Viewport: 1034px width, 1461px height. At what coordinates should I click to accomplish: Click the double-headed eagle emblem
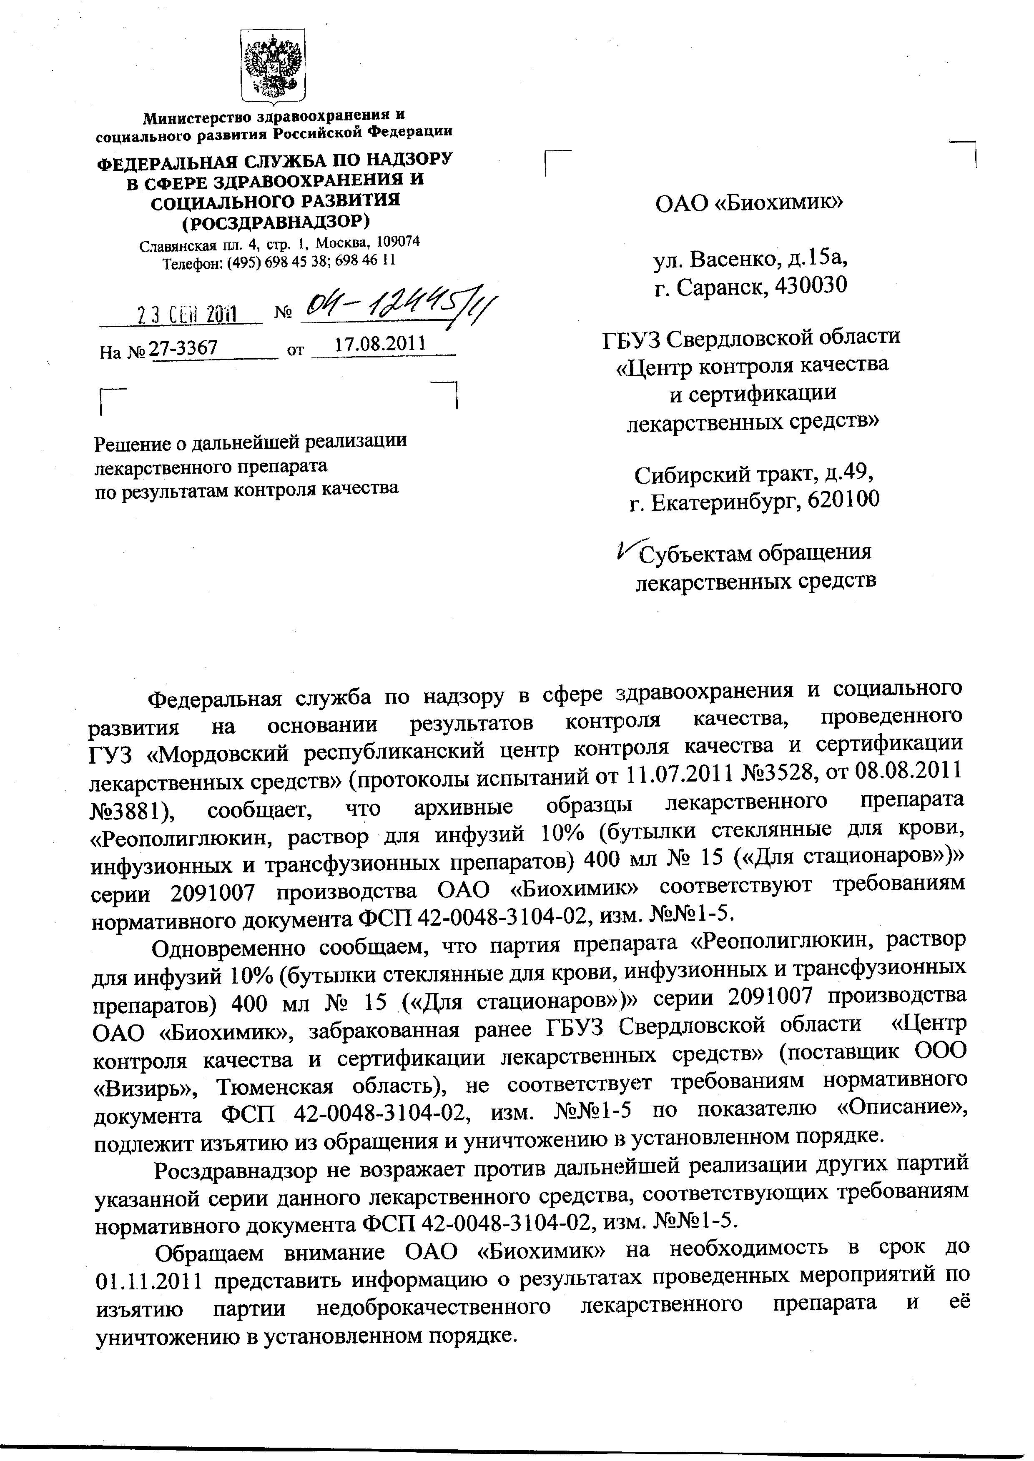[274, 65]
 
